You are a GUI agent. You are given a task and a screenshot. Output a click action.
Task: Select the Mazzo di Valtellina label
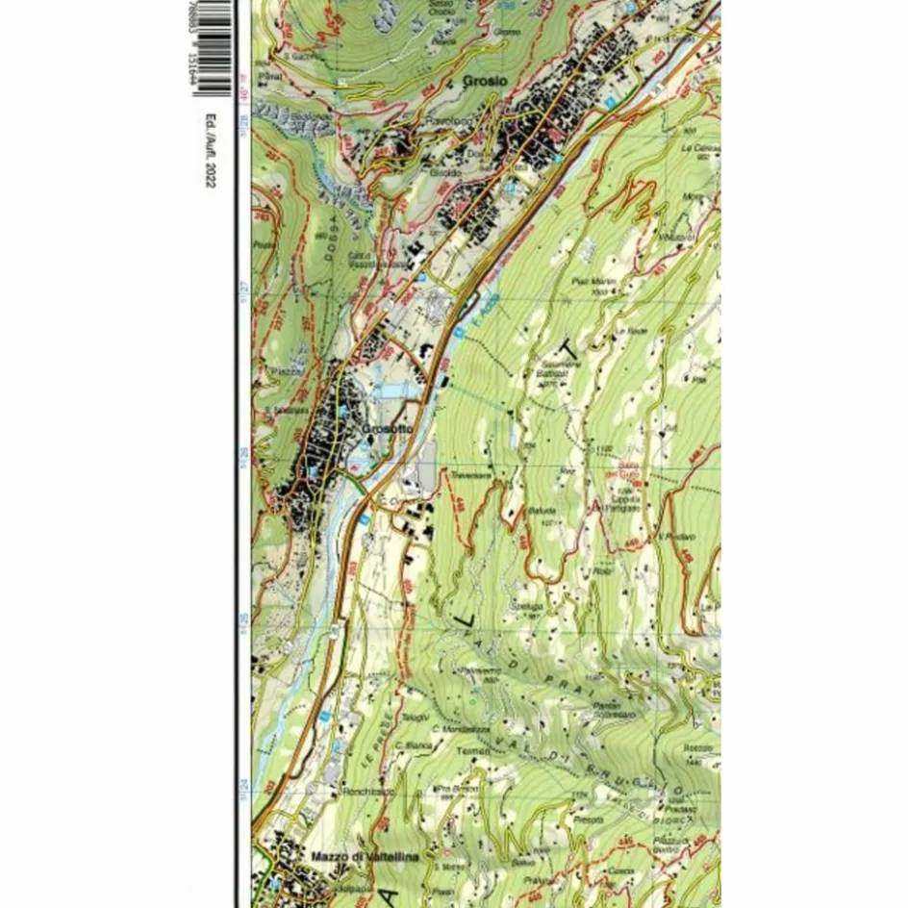coord(352,855)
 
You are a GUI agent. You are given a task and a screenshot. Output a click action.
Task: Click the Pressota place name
coord(590,819)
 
